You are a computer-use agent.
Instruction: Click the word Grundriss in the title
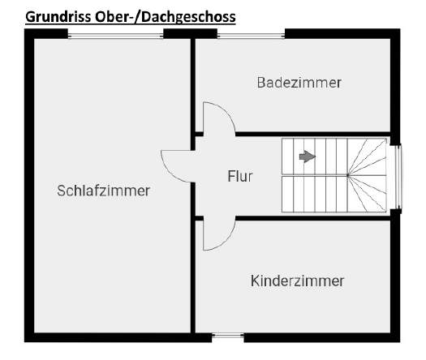click(x=58, y=17)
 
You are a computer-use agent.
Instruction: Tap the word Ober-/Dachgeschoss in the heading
click(x=166, y=17)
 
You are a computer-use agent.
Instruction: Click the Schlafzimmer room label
click(x=104, y=191)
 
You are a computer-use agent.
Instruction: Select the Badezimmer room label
click(x=299, y=83)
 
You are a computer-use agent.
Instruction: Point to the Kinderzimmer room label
click(x=297, y=281)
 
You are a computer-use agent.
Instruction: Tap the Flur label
click(x=240, y=177)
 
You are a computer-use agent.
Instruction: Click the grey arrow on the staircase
click(x=308, y=156)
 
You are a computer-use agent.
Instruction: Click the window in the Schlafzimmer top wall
click(x=115, y=36)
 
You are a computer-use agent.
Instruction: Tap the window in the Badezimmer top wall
click(x=251, y=36)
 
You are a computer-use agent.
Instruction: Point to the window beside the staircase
click(x=399, y=177)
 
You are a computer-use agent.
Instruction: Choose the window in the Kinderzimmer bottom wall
click(x=228, y=336)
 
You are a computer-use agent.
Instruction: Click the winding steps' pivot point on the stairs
click(x=348, y=175)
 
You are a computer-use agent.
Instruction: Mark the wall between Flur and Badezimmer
click(x=312, y=134)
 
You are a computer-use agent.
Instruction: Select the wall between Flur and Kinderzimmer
click(x=312, y=218)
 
